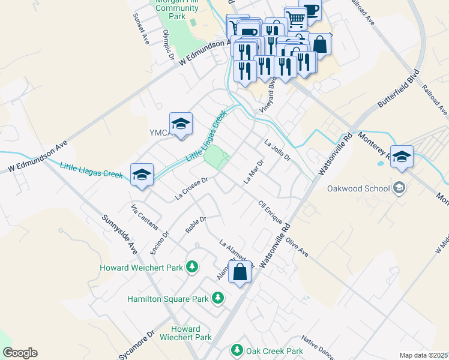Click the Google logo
20,353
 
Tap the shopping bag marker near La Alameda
240,272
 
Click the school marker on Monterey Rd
402,157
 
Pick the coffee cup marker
310,10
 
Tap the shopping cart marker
295,19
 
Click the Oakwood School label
359,188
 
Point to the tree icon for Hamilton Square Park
218,298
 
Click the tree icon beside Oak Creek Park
237,350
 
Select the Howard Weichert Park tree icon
192,266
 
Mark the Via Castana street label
144,217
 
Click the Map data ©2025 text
423,355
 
